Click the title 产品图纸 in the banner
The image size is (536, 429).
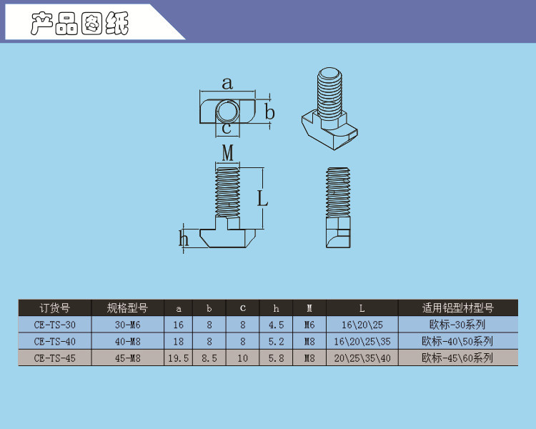click(x=79, y=24)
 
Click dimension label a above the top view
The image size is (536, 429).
click(x=227, y=84)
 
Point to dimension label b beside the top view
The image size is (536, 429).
click(x=270, y=112)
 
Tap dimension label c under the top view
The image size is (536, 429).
click(x=227, y=129)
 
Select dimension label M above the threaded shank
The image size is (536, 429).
click(x=228, y=153)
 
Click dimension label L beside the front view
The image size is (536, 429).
click(x=262, y=198)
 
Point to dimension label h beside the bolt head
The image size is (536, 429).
click(x=184, y=238)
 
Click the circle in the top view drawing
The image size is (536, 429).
click(x=227, y=112)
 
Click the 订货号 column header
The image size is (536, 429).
click(x=55, y=308)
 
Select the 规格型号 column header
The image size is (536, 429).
click(x=127, y=308)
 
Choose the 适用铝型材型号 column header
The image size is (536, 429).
click(x=457, y=308)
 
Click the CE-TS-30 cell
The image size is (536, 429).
click(x=55, y=325)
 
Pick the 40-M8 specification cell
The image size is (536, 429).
click(x=127, y=342)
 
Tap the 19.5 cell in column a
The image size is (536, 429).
click(x=178, y=358)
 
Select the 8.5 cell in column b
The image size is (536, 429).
click(x=209, y=358)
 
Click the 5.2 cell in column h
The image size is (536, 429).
click(x=276, y=342)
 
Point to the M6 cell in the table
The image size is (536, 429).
click(x=309, y=325)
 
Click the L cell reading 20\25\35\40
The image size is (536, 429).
click(x=362, y=358)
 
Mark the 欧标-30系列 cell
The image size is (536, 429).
click(x=457, y=325)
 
